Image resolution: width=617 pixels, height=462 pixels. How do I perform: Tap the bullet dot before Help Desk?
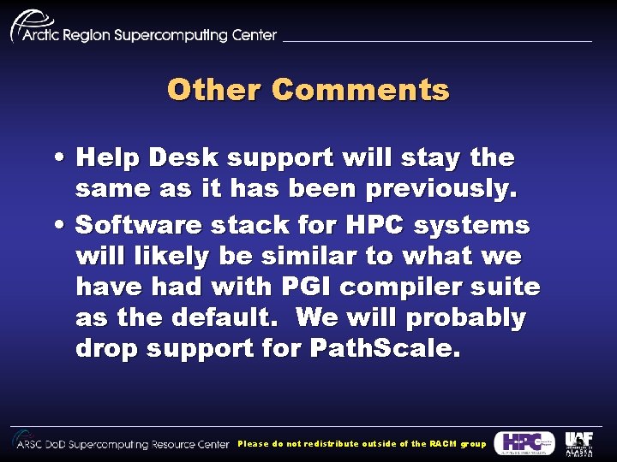point(56,158)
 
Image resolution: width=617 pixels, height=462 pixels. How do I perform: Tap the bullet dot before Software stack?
point(56,226)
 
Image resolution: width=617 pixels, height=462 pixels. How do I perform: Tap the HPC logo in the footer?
point(524,442)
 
